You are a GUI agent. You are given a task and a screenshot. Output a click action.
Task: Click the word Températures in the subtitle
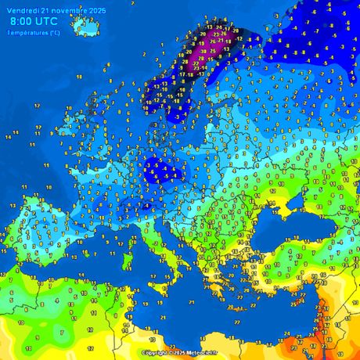(28, 32)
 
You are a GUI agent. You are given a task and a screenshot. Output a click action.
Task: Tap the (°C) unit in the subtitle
(54, 32)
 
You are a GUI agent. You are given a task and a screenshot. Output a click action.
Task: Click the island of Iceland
(85, 26)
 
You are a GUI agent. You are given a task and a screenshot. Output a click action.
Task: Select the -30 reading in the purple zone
(203, 50)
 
